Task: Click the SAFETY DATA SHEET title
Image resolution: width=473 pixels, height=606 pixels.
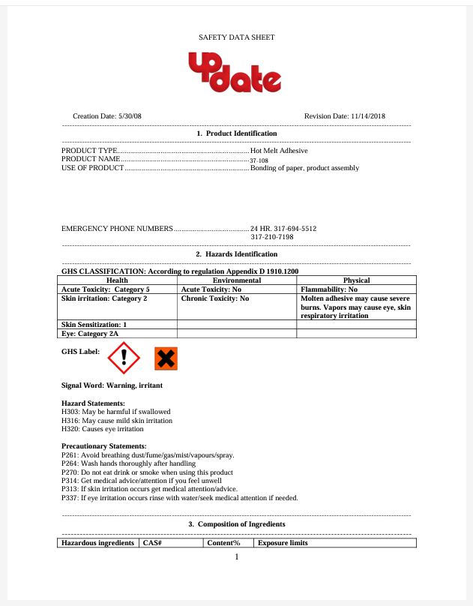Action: tap(236, 37)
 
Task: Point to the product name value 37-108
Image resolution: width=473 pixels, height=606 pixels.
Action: tap(259, 160)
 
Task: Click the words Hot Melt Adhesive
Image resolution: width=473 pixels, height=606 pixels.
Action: tap(279, 150)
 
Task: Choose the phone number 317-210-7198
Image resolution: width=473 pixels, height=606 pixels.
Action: tap(271, 237)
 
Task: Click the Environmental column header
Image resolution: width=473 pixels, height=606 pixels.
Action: tap(237, 280)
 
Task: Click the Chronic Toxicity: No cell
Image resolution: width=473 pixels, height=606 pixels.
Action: tap(215, 298)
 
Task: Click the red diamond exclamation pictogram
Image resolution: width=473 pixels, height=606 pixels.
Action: tap(124, 358)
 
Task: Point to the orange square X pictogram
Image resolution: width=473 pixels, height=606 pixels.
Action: tap(166, 358)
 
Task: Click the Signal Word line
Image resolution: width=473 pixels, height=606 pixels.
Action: tap(112, 385)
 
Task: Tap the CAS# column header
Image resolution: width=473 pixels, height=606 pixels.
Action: tap(152, 543)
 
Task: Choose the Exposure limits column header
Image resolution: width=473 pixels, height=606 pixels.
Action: tap(283, 543)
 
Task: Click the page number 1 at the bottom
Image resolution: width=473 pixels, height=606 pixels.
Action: tap(236, 556)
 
